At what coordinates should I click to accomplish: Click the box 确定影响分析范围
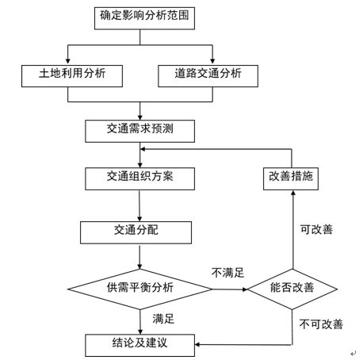coord(144,18)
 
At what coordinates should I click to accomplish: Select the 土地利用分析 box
coord(72,76)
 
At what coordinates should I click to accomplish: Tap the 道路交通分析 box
coord(208,76)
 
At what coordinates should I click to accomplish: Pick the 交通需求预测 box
coord(139,131)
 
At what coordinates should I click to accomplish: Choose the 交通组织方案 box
coord(139,178)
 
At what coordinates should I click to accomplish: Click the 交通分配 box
coord(136,232)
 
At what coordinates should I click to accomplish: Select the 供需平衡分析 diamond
coord(140,289)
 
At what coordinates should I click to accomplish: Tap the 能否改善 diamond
coord(292,289)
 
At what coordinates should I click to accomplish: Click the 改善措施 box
coord(291,178)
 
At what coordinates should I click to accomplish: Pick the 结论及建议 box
coord(139,345)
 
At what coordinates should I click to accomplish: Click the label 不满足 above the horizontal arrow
coord(227,273)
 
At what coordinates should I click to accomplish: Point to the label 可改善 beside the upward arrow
coord(316,229)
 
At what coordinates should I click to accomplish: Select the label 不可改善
coord(321,324)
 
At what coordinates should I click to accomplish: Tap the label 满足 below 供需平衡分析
coord(163,319)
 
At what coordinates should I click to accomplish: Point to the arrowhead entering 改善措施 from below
coord(292,193)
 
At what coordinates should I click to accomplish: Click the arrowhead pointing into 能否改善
coord(244,289)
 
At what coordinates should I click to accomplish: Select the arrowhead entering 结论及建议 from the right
coord(198,344)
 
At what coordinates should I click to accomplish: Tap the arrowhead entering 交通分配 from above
coord(139,218)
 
